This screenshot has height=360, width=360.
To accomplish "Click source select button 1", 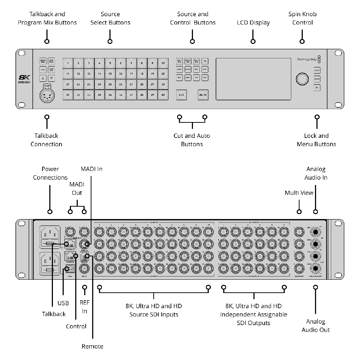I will coord(68,63).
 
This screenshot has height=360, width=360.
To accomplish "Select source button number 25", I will coord(110,85).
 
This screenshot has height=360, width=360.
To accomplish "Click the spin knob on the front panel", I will coord(302,78).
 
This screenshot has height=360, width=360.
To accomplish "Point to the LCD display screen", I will coord(253,79).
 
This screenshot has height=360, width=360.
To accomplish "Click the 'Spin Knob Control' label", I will coord(302,18).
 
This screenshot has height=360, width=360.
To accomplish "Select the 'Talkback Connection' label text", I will coord(46,140).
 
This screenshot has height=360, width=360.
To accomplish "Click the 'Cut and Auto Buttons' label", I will coord(192,140).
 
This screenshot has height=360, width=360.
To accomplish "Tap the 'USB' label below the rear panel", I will coord(63,303).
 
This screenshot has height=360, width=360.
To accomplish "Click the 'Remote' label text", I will coord(93,346).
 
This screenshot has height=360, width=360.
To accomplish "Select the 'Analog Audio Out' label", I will coord(315,325).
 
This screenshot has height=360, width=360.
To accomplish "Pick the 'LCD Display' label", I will coord(253,23).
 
